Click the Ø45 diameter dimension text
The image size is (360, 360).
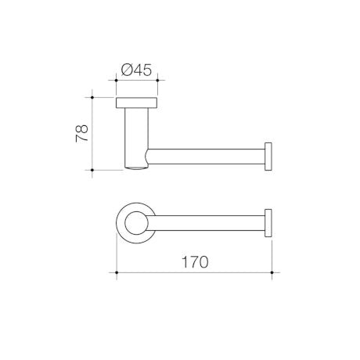pyautogui.click(x=136, y=70)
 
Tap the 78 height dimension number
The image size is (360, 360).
pyautogui.click(x=82, y=133)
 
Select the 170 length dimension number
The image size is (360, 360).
pyautogui.click(x=195, y=262)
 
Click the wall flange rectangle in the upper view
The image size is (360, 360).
pyautogui.click(x=136, y=103)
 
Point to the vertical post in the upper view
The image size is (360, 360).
pyautogui.click(x=136, y=139)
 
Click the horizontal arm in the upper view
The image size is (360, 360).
pyautogui.click(x=206, y=157)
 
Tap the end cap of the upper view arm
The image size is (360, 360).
pyautogui.click(x=268, y=157)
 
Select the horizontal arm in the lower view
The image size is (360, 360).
pyautogui.click(x=207, y=223)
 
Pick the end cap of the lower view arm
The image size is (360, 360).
pyautogui.click(x=268, y=223)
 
